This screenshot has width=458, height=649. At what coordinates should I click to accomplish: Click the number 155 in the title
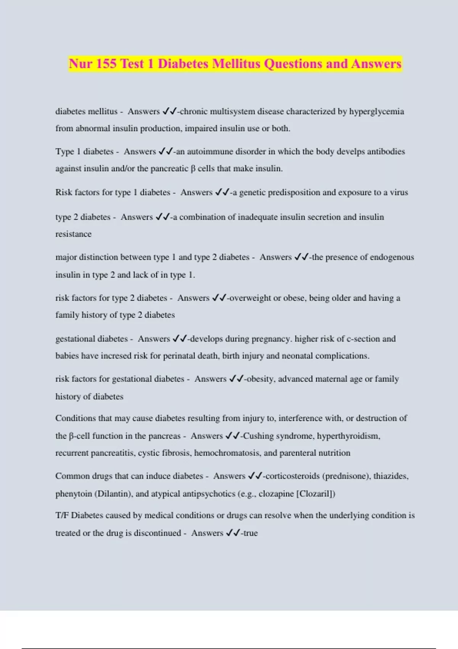pos(106,63)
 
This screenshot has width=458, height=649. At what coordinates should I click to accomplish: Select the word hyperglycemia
pos(376,111)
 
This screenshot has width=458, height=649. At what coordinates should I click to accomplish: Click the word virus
pos(399,192)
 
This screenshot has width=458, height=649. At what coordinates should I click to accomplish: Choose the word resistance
pos(73,234)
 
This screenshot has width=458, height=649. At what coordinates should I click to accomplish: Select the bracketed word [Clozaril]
pos(315,494)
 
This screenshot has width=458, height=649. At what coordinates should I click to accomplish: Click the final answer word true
pos(250,533)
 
